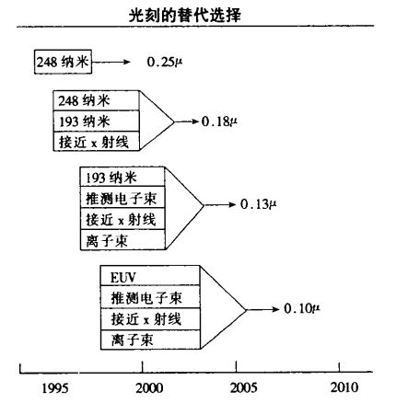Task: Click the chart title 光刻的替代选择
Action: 184,15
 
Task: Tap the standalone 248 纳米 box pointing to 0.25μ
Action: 63,62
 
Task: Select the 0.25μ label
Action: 165,62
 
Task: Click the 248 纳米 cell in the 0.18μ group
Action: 97,100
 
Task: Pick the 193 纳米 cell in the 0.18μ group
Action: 97,121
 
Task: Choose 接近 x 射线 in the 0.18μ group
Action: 97,142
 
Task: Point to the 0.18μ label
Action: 219,121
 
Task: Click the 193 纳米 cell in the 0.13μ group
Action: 122,177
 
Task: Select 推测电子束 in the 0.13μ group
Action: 122,198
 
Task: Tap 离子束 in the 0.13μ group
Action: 122,240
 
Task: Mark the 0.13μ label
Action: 259,204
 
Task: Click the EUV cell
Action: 150,276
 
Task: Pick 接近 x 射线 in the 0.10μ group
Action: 150,319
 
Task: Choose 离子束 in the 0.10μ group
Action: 150,340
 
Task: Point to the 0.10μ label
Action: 302,308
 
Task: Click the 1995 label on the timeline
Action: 55,388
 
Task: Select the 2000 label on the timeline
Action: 149,388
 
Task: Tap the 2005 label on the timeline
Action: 244,388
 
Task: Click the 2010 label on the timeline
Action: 344,387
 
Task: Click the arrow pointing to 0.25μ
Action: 111,62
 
